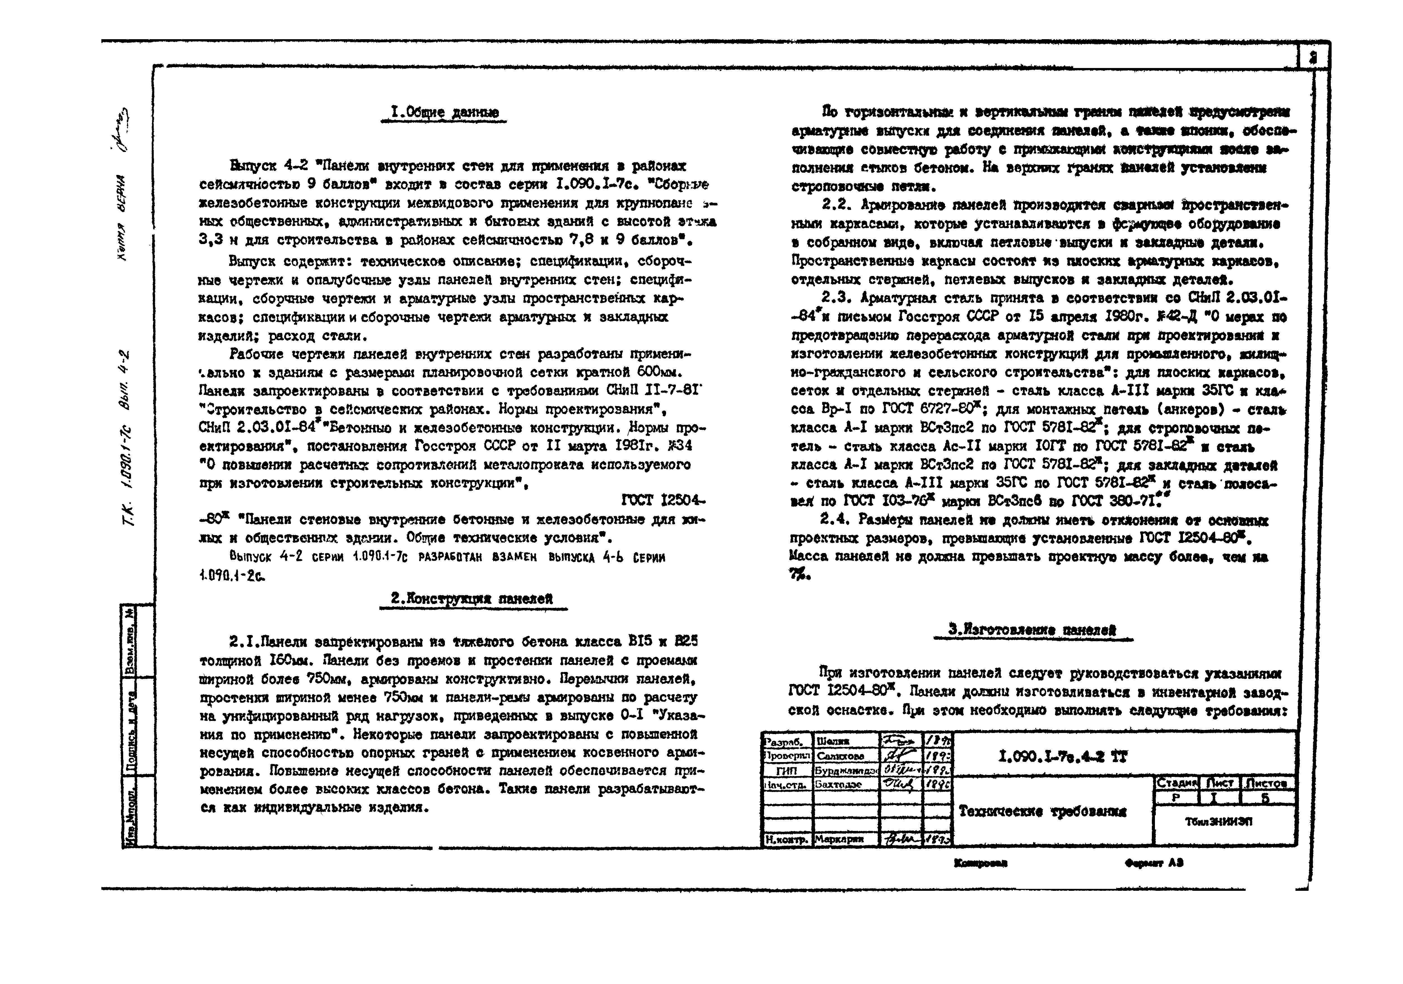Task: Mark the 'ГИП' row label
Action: (x=786, y=771)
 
